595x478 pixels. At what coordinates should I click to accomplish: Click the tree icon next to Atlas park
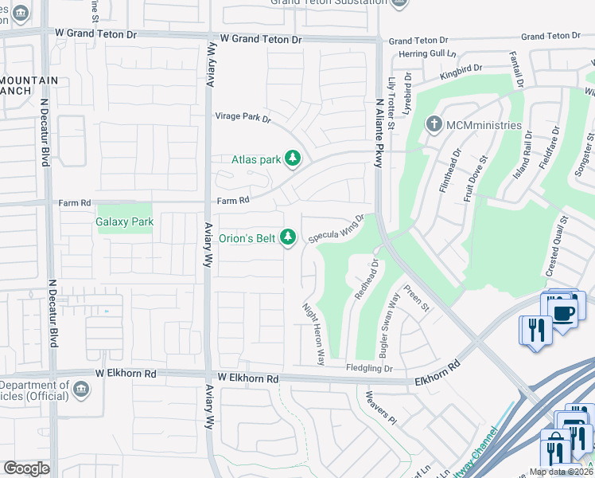[294, 159]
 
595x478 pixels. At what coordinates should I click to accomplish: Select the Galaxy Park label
[124, 222]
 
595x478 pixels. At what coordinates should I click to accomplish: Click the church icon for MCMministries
[434, 125]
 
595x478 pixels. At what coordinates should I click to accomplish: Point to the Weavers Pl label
[380, 406]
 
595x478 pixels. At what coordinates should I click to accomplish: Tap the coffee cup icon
[563, 312]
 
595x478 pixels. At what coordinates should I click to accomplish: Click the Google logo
[26, 468]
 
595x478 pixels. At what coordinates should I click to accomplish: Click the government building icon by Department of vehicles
[80, 390]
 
